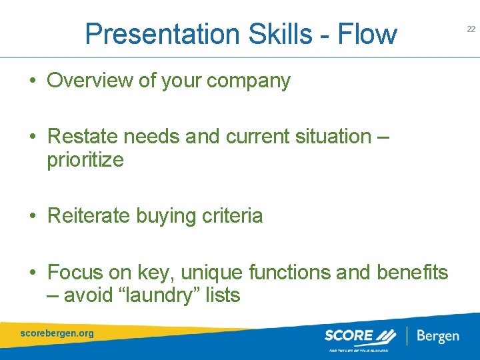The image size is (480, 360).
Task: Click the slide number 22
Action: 471,29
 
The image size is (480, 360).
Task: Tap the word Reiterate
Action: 89,216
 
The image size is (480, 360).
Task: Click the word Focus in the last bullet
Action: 76,272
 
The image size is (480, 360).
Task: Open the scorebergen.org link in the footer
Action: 57,333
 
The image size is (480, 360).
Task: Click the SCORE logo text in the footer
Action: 350,335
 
